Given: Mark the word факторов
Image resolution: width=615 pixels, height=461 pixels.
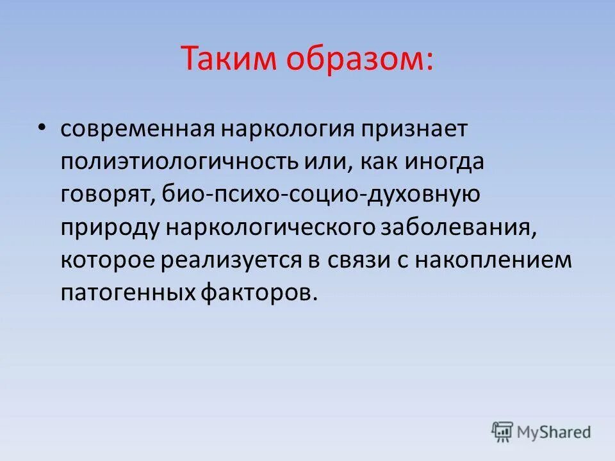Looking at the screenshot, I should pos(259,293).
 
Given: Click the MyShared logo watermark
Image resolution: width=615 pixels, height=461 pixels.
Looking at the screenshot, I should pos(541,432).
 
